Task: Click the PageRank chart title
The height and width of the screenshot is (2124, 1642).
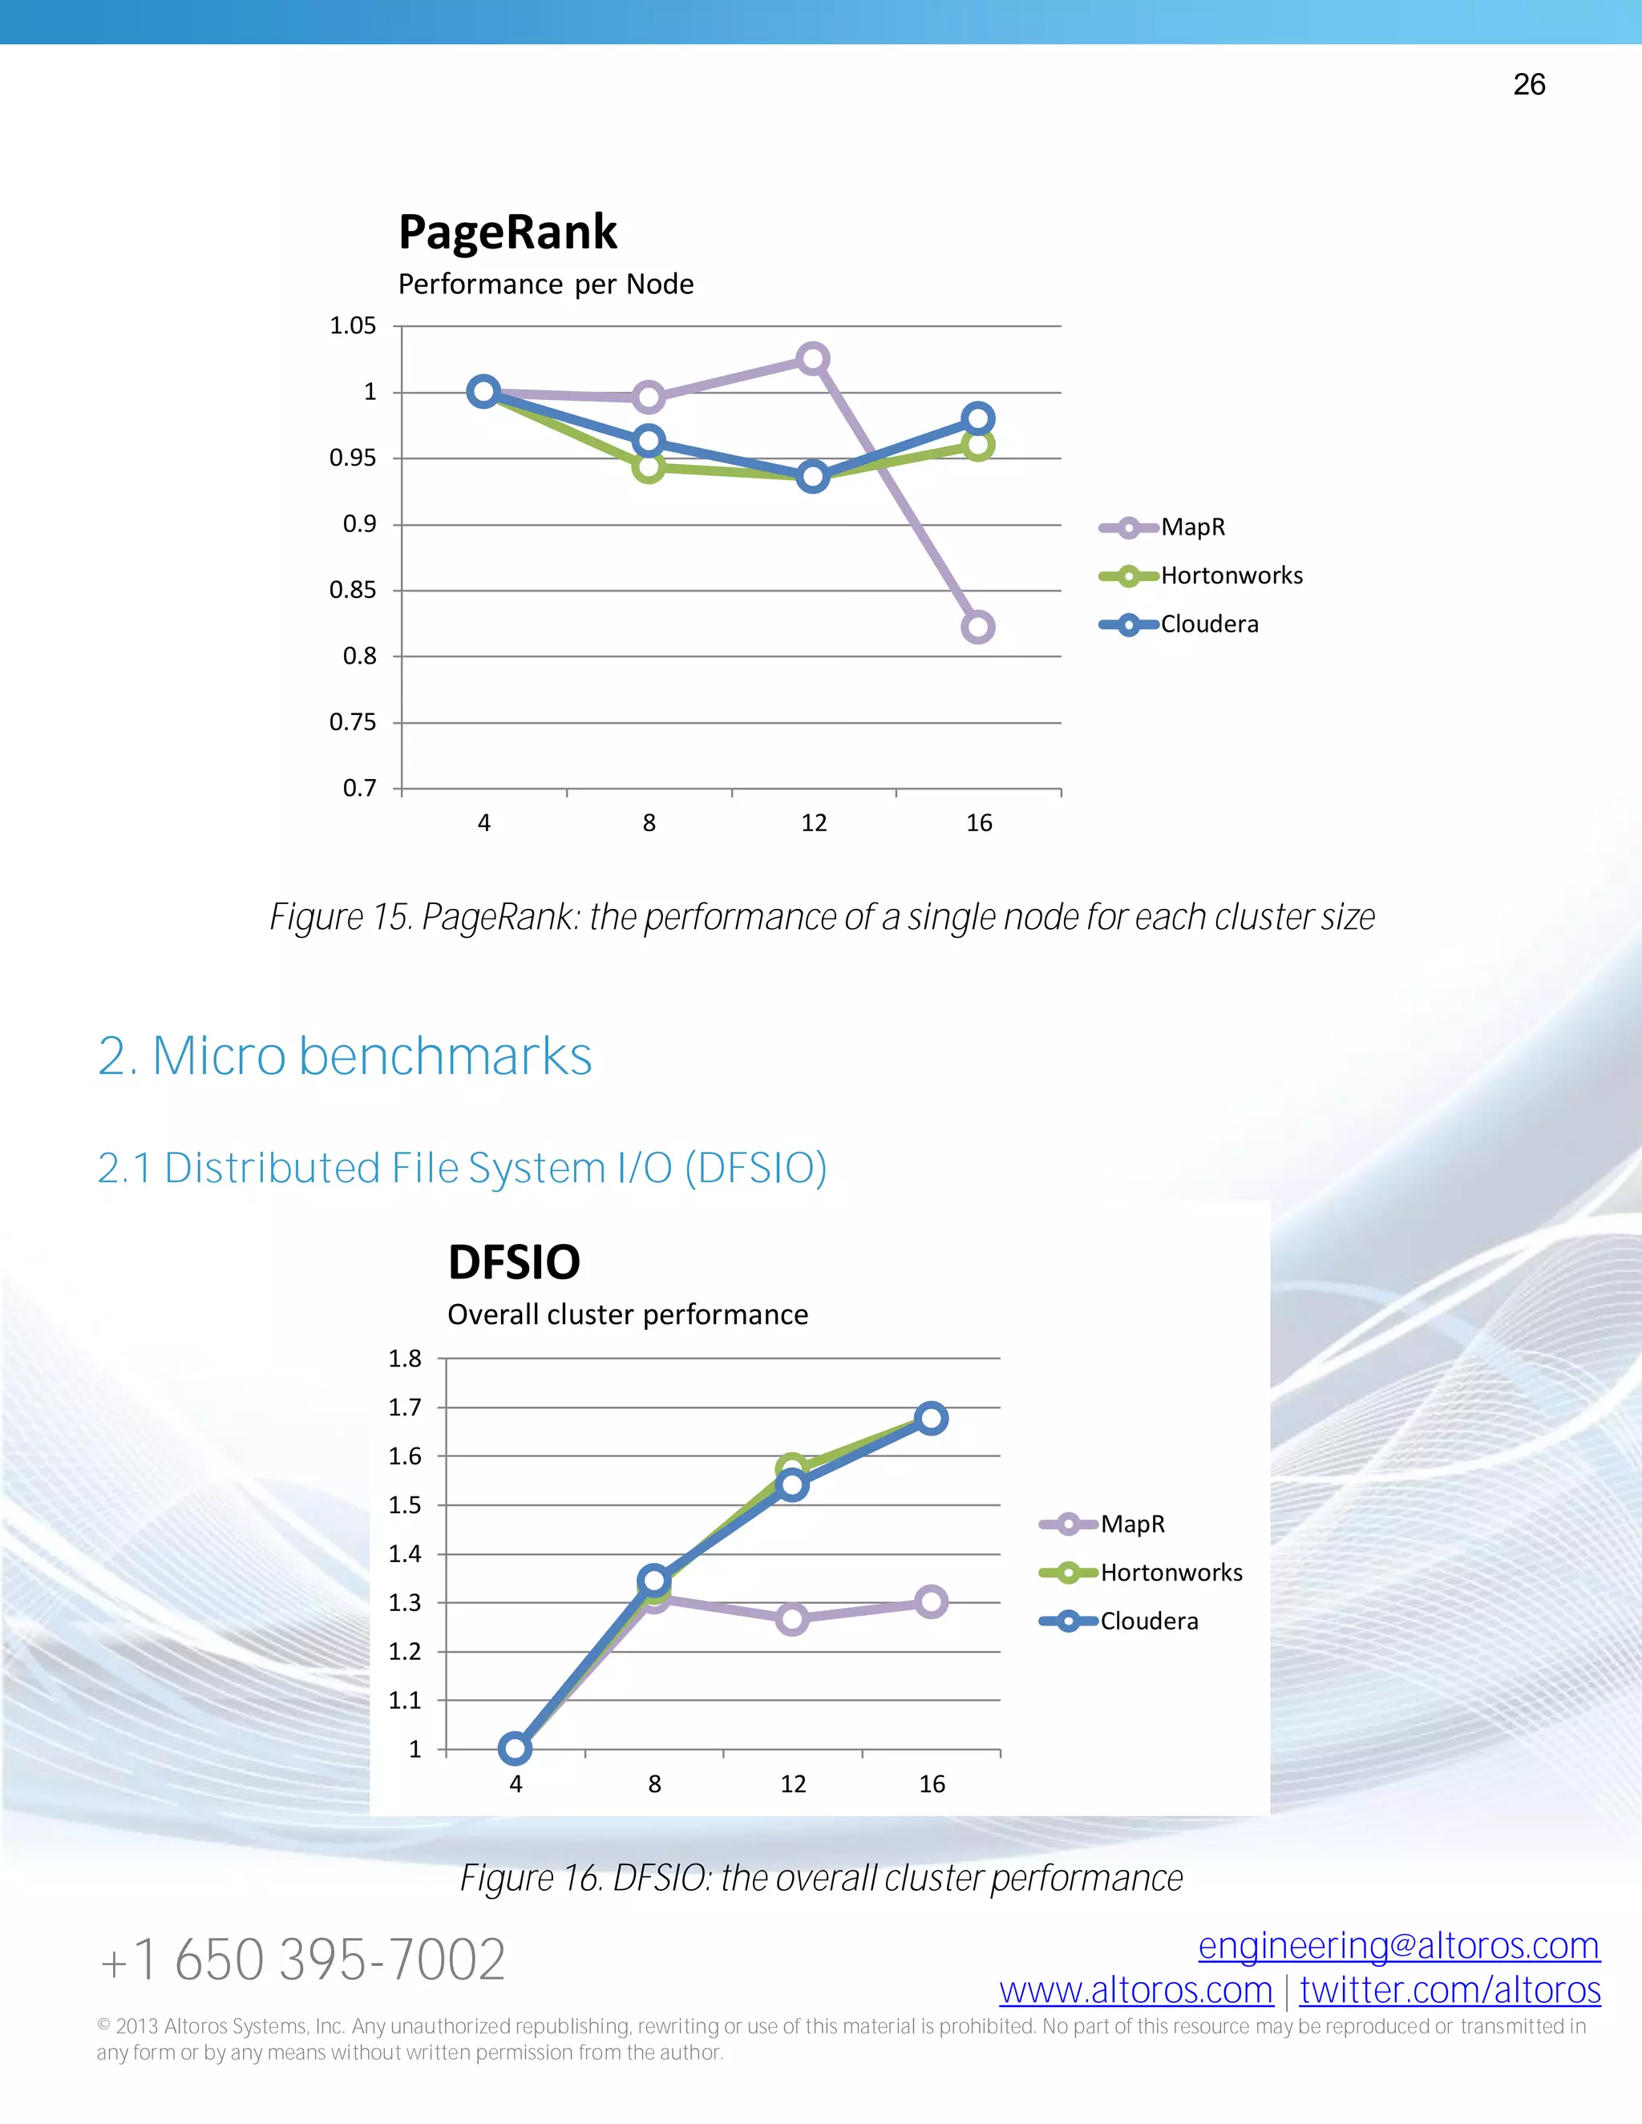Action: [x=508, y=232]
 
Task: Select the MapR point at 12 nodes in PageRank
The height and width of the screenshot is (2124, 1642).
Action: [x=812, y=359]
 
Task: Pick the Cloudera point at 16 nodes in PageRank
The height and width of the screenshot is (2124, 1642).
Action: [x=977, y=419]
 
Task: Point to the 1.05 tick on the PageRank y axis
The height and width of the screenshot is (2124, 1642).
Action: [x=353, y=325]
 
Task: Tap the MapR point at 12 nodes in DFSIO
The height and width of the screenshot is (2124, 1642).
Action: [x=792, y=1619]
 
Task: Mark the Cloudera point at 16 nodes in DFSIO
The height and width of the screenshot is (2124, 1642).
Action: [x=931, y=1418]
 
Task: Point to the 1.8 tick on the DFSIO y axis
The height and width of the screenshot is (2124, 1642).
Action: [x=405, y=1359]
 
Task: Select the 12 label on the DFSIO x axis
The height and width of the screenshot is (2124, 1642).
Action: [x=793, y=1783]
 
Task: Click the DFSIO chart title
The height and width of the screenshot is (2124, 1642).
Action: [x=514, y=1262]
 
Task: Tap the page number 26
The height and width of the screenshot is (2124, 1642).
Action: [x=1529, y=85]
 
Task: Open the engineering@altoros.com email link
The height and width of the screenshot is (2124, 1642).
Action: [x=1399, y=1946]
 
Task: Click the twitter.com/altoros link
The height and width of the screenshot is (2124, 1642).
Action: [x=1450, y=1991]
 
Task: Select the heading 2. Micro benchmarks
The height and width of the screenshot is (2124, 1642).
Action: [x=346, y=1056]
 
